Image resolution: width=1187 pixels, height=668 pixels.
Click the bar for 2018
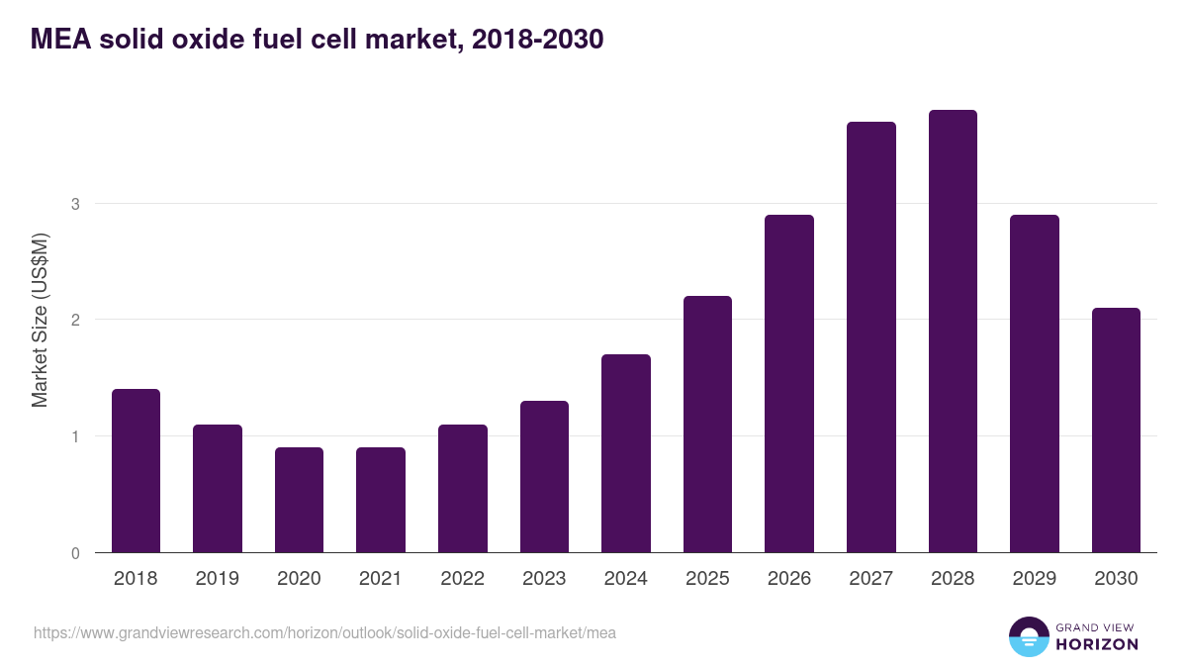[x=136, y=471]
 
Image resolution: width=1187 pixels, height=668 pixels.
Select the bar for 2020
[x=299, y=500]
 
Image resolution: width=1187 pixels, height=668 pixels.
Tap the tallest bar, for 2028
[x=953, y=332]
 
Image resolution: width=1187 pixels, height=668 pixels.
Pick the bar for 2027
[x=870, y=337]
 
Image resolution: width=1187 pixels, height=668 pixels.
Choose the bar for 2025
[x=707, y=425]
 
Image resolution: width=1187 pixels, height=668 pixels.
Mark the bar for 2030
[x=1116, y=430]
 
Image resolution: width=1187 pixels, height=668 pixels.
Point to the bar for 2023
[x=544, y=477]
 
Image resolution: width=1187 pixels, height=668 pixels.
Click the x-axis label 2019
[x=218, y=579]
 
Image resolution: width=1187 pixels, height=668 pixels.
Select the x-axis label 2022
[x=462, y=579]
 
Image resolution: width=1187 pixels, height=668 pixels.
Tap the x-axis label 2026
[x=788, y=579]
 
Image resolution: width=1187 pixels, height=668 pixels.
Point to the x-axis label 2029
[x=1034, y=579]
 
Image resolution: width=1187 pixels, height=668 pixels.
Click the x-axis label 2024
[x=625, y=579]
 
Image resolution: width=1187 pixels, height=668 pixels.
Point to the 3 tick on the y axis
[x=74, y=204]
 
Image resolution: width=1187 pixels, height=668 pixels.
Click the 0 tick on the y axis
[x=74, y=553]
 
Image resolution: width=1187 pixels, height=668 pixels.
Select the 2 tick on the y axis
[x=74, y=320]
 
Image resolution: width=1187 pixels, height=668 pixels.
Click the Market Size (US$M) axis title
[x=40, y=321]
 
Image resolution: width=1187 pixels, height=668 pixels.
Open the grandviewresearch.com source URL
[x=324, y=632]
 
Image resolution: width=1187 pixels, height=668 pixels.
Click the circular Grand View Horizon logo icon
[x=1028, y=636]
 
